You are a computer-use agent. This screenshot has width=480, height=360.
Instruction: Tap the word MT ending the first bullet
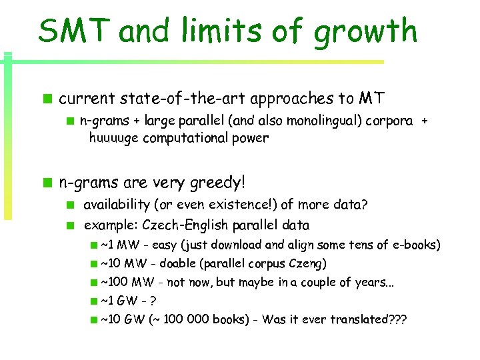(x=371, y=99)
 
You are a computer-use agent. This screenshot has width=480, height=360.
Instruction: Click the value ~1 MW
(x=118, y=245)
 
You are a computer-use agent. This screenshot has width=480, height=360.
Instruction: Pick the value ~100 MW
(x=124, y=282)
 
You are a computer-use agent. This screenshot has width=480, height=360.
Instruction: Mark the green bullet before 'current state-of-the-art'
(x=47, y=100)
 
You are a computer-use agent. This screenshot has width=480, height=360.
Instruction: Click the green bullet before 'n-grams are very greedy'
(x=47, y=182)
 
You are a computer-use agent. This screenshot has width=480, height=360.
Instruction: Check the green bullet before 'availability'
(x=69, y=204)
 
